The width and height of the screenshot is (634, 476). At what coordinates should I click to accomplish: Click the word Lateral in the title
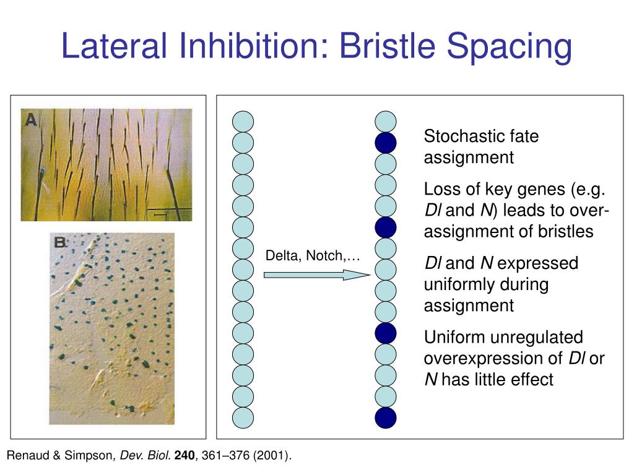tap(114, 45)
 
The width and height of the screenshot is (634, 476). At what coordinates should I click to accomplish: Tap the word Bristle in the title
tap(388, 45)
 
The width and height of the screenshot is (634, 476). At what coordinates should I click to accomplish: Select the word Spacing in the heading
tap(510, 48)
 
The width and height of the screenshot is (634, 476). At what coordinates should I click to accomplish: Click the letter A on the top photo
tap(31, 120)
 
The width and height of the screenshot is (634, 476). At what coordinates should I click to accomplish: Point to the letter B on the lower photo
tap(60, 242)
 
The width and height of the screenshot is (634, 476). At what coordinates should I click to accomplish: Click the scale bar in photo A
tap(160, 215)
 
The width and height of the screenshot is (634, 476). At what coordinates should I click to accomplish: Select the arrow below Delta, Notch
tap(316, 275)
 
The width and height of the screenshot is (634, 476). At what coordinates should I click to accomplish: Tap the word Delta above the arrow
tap(284, 256)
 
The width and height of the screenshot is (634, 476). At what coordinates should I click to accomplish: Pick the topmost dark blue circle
tap(386, 143)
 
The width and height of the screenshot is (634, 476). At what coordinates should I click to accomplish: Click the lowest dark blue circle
tap(386, 418)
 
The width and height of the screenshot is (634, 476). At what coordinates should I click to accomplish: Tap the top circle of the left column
tap(243, 122)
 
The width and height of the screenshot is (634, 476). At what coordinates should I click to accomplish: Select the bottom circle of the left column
tap(243, 418)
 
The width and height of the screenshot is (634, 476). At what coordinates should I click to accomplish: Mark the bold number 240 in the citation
tap(185, 456)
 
